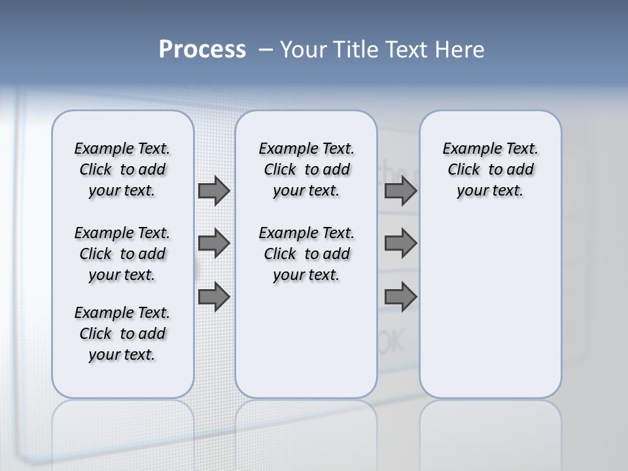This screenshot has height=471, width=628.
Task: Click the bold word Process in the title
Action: point(202,50)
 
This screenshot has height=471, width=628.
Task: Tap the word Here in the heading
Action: point(460,50)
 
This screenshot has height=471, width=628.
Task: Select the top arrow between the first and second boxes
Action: point(214,190)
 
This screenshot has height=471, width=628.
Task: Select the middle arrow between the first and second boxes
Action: point(214,243)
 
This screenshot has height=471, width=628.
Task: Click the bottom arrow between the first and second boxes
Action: point(214,296)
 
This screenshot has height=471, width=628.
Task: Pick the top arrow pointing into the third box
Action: point(400,190)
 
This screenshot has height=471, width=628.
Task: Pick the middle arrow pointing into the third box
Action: point(400,243)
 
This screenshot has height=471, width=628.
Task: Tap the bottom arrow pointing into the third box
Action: point(400,296)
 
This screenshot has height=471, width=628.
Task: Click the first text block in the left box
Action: point(122,169)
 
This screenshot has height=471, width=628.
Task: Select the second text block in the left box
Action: point(122,254)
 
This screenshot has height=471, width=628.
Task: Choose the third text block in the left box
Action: point(122,334)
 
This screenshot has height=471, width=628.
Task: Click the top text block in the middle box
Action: point(306,169)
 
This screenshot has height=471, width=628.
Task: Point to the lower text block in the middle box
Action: point(306,254)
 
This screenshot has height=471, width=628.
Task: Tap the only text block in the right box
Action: point(490,169)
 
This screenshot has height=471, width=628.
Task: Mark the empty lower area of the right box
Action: point(490,301)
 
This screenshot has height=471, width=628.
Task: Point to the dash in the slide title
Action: point(266,50)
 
